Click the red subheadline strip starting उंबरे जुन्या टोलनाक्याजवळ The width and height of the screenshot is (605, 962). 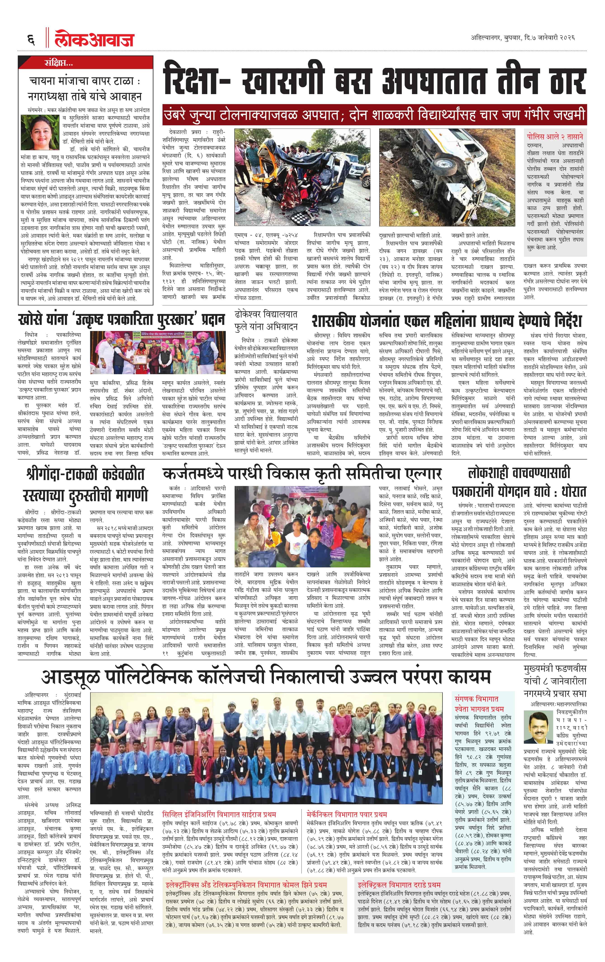click(374, 115)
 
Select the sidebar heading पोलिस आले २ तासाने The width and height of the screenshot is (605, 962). click(555, 136)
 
